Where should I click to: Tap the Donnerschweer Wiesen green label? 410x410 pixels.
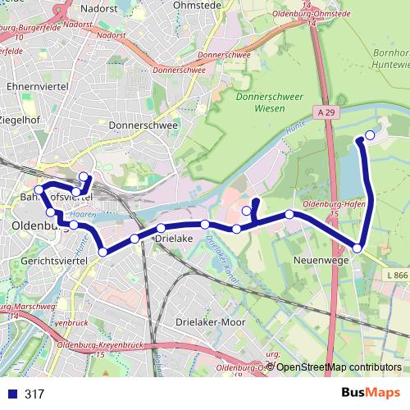260,102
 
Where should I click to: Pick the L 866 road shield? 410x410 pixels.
395,276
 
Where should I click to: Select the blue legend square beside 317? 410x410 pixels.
12,394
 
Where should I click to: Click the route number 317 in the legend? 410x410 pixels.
34,394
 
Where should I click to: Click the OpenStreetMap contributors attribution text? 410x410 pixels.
339,367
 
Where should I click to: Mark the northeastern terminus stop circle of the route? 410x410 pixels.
370,135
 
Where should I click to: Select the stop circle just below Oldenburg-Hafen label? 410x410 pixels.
289,215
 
